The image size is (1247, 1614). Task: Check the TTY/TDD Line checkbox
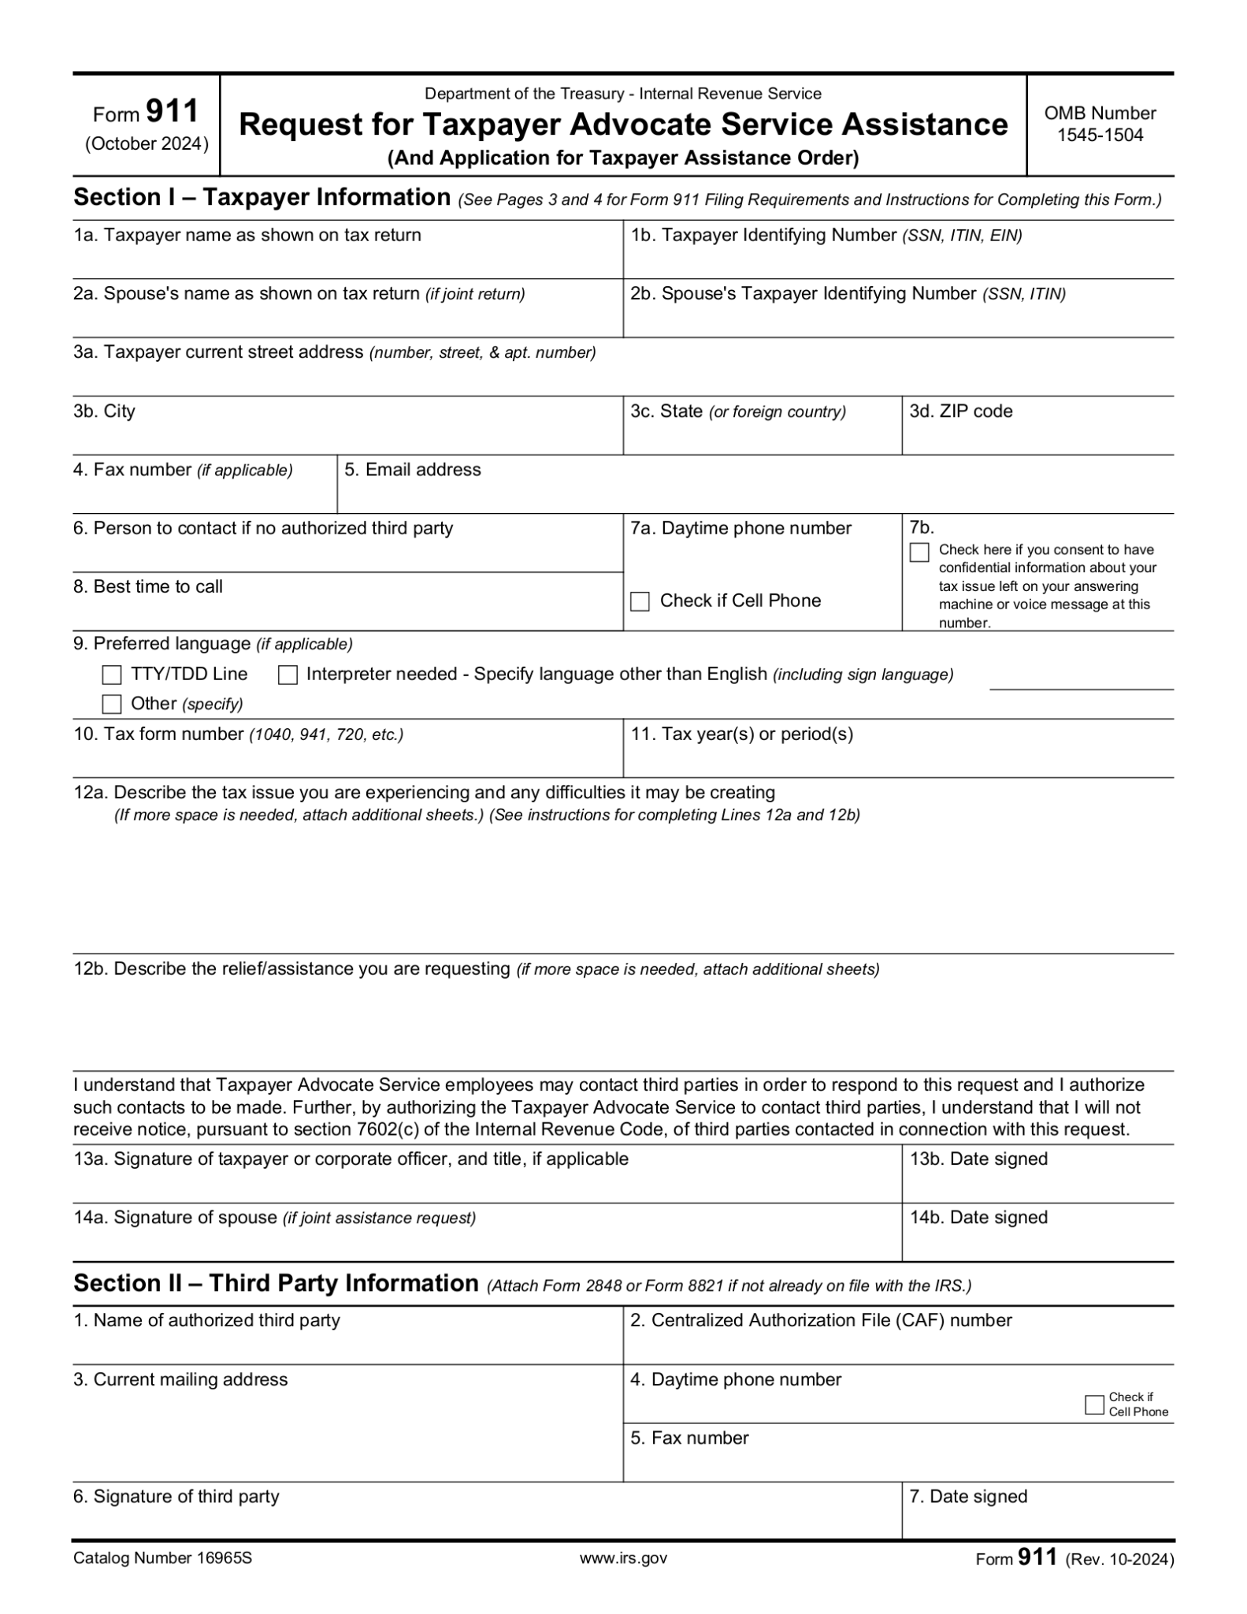click(112, 675)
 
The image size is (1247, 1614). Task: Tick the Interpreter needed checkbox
click(288, 675)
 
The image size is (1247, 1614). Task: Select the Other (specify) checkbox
click(112, 704)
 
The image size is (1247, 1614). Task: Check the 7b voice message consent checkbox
click(919, 552)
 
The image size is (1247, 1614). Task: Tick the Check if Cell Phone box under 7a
click(640, 601)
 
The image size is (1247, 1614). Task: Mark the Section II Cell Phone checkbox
click(1094, 1404)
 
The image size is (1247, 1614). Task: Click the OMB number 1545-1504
click(1100, 135)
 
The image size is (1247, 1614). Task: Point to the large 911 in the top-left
click(173, 111)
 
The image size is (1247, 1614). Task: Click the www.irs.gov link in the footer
click(623, 1558)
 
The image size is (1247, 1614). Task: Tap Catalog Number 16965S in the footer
click(162, 1558)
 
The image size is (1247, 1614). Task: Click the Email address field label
click(413, 470)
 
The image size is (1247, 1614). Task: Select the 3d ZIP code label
click(961, 411)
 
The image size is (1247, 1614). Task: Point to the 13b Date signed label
click(978, 1158)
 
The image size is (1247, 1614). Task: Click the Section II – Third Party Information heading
click(276, 1283)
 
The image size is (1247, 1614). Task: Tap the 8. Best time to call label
click(148, 586)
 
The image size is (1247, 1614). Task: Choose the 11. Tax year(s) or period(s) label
click(742, 734)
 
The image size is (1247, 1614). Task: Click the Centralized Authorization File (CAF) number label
click(821, 1320)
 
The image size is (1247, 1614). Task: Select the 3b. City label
click(104, 411)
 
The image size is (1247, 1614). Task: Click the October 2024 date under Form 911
click(147, 144)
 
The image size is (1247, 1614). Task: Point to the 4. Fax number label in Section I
click(183, 470)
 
